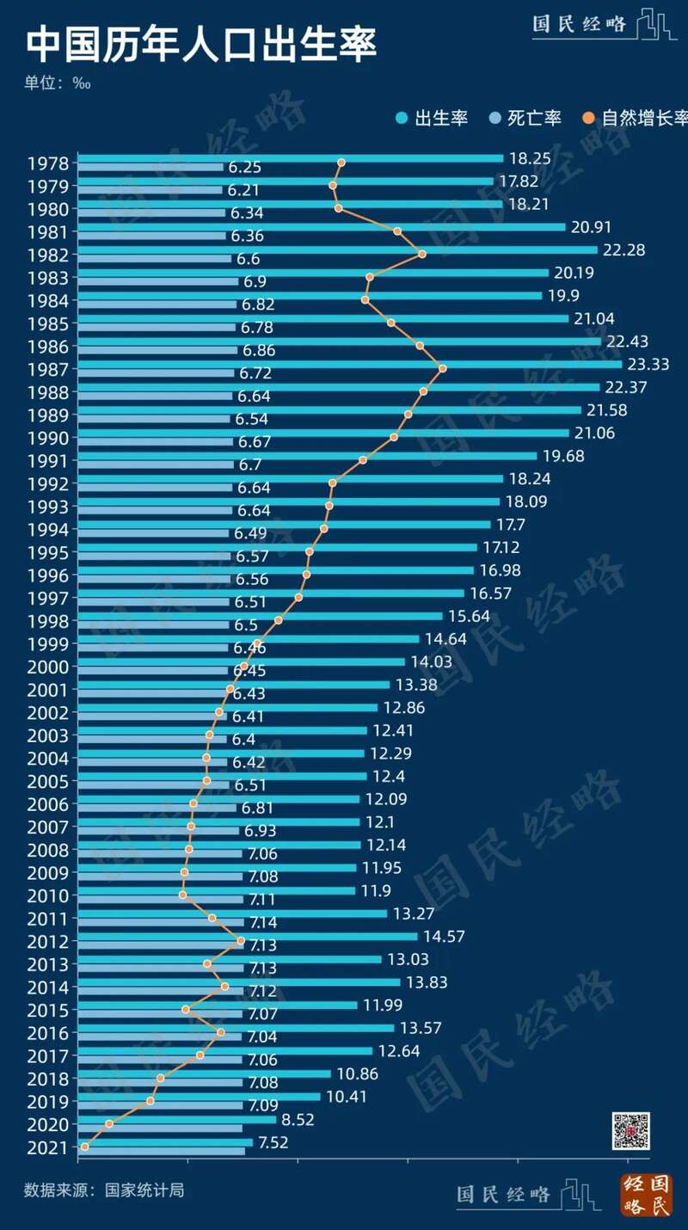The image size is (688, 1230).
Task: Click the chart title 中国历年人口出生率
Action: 201,46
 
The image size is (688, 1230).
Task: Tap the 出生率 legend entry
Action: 432,118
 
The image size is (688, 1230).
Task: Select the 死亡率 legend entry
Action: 525,118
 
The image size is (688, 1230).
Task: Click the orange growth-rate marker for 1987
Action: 442,368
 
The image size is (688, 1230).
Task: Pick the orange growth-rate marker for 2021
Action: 84,1147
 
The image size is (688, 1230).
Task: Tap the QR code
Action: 630,1131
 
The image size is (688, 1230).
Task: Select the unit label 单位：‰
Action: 58,83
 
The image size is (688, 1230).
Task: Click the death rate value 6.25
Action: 245,168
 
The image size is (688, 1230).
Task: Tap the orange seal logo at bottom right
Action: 646,1195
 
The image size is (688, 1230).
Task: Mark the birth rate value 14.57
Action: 444,936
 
